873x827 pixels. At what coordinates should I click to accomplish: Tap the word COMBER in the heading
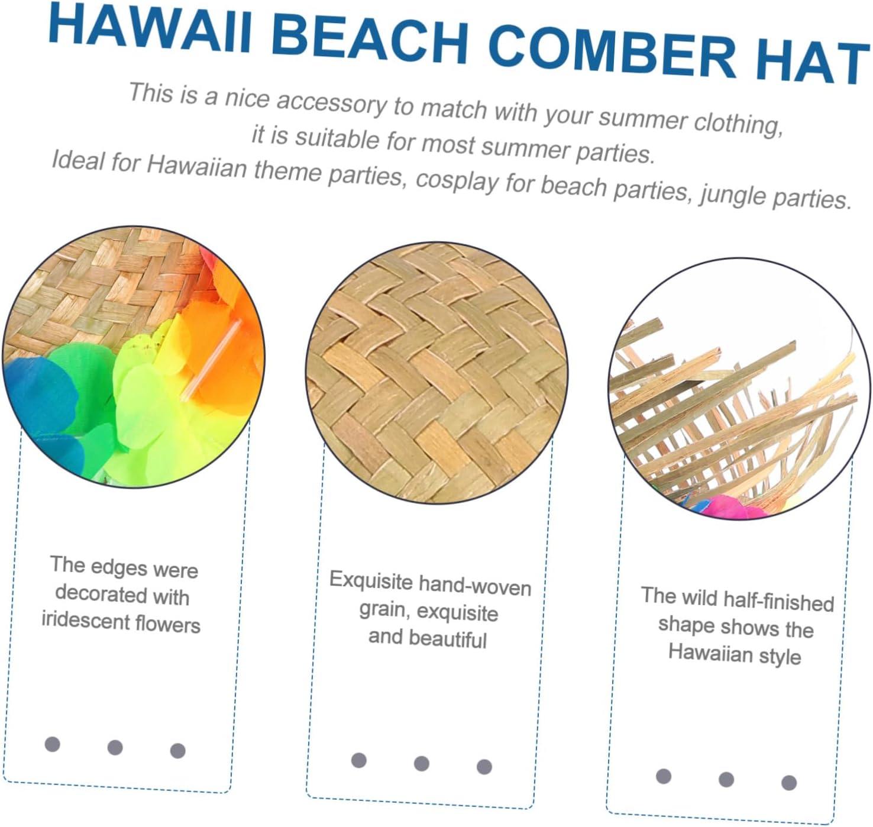click(612, 53)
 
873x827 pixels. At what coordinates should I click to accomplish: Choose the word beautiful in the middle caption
click(448, 639)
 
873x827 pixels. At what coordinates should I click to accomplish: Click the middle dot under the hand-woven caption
click(421, 764)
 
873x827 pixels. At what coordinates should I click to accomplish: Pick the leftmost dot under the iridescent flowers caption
click(53, 744)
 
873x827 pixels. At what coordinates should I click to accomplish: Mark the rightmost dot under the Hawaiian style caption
click(789, 783)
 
